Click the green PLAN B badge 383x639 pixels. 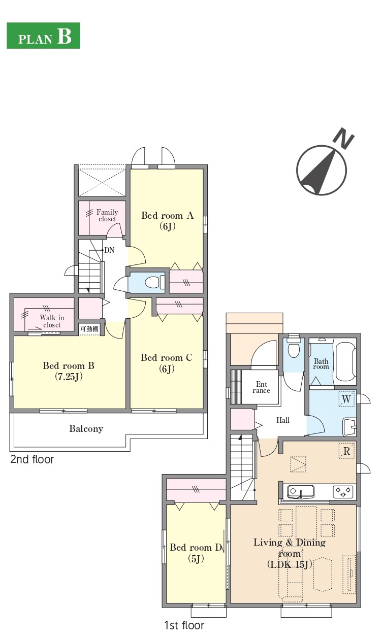coord(43,36)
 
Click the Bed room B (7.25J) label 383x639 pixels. coord(69,371)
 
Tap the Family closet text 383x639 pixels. coord(107,215)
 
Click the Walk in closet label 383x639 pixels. coord(52,321)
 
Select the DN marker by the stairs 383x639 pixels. coord(109,250)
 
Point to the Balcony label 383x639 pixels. coord(86,428)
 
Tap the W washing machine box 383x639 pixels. coord(346,399)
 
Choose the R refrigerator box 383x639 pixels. coord(346,451)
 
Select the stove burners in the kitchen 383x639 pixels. coord(343,491)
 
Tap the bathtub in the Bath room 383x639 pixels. coord(345,361)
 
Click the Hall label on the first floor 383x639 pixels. coord(283,420)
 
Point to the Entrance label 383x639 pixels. coord(262,387)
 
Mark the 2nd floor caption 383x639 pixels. coord(32,459)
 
